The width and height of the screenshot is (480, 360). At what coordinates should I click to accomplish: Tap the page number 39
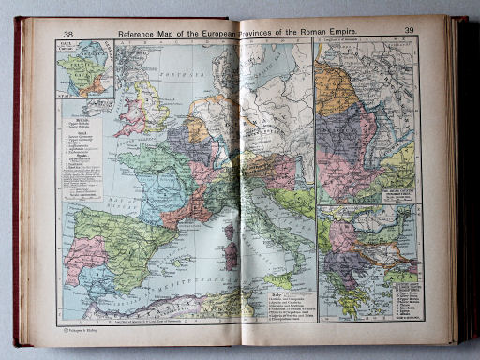(x=409, y=31)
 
